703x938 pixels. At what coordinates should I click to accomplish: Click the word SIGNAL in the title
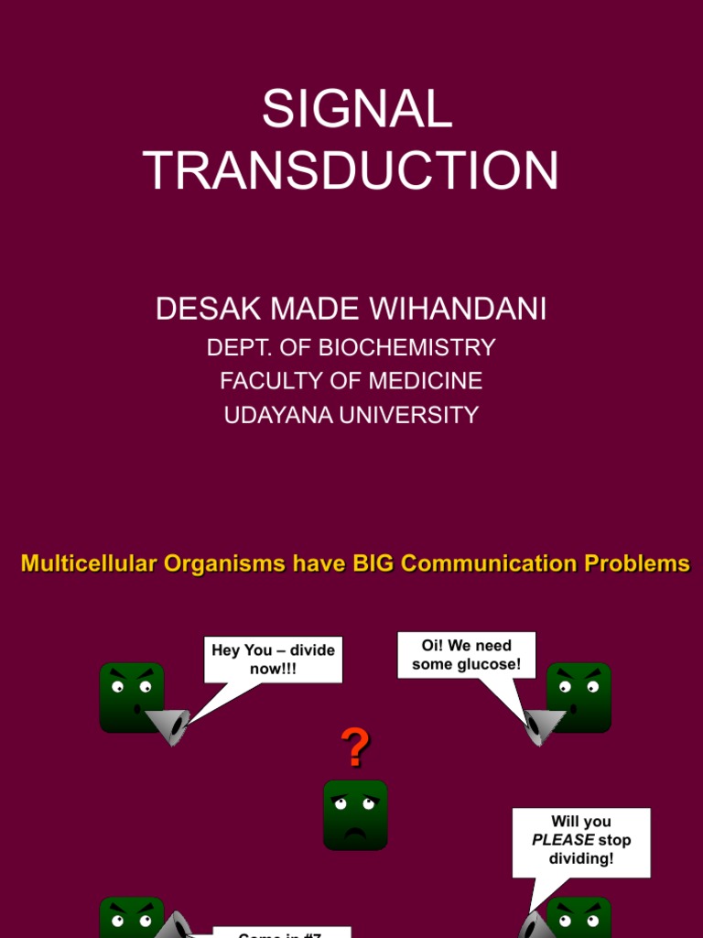pyautogui.click(x=357, y=110)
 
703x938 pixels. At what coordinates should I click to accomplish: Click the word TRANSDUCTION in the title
pyautogui.click(x=351, y=170)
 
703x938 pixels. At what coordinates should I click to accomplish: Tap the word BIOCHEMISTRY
pyautogui.click(x=418, y=347)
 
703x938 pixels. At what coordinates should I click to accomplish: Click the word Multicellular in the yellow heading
pyautogui.click(x=88, y=563)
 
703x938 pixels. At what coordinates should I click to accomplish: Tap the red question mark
pyautogui.click(x=355, y=748)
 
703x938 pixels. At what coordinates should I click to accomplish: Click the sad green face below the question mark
pyautogui.click(x=355, y=814)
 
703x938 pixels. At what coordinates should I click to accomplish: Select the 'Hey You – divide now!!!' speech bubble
pyautogui.click(x=273, y=660)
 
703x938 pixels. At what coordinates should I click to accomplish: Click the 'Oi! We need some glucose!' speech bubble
pyautogui.click(x=467, y=655)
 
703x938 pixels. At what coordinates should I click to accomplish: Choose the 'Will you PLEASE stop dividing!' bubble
pyautogui.click(x=581, y=841)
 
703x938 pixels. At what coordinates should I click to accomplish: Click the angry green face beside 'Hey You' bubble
pyautogui.click(x=132, y=697)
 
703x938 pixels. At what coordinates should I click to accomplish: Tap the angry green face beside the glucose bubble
pyautogui.click(x=579, y=697)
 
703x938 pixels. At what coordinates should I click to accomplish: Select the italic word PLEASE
pyautogui.click(x=563, y=840)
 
